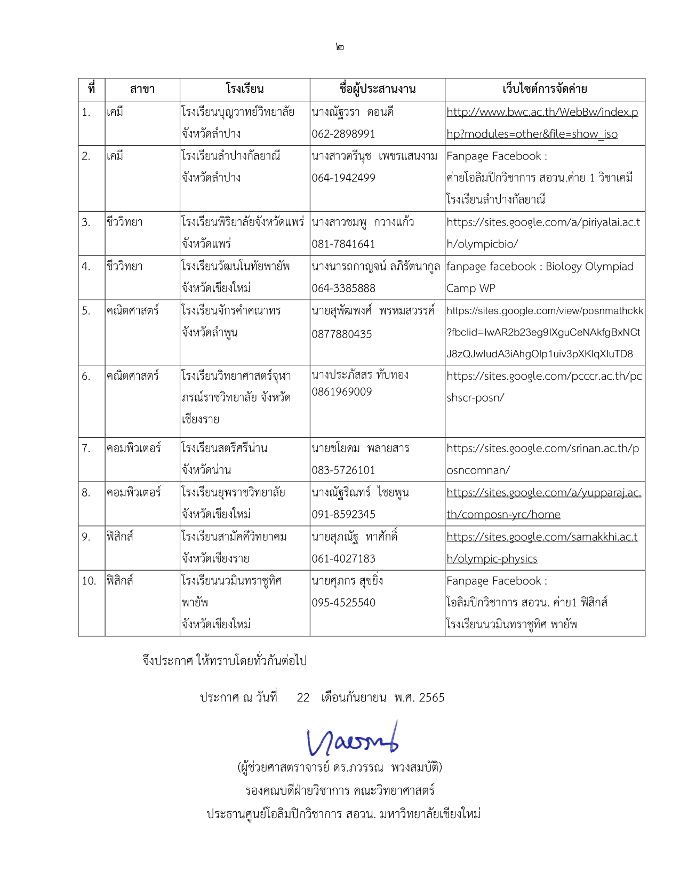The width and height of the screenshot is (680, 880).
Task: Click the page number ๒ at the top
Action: click(x=340, y=47)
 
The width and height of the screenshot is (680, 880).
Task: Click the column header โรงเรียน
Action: click(x=244, y=89)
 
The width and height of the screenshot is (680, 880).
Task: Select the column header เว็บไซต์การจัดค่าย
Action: click(x=545, y=89)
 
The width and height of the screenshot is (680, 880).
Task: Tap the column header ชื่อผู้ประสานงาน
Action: click(x=377, y=89)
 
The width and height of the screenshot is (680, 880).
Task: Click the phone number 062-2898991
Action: click(x=343, y=134)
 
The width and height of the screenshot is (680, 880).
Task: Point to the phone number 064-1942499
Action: click(x=343, y=178)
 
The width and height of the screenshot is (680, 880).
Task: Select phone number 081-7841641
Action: click(x=343, y=244)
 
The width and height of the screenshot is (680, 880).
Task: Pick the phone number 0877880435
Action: click(x=342, y=334)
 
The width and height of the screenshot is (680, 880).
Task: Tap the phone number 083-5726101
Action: click(x=343, y=470)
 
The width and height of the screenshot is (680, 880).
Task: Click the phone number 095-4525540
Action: click(x=343, y=603)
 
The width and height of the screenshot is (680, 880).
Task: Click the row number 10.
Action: click(x=89, y=581)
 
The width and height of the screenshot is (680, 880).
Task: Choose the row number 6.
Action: click(x=86, y=377)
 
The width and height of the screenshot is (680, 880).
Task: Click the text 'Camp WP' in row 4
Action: click(x=471, y=289)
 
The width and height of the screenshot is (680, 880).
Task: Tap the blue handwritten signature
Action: click(x=353, y=739)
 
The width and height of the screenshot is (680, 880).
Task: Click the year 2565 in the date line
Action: click(x=431, y=698)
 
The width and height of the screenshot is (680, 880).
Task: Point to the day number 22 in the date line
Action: click(x=303, y=698)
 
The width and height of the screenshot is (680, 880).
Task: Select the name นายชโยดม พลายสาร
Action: click(x=361, y=449)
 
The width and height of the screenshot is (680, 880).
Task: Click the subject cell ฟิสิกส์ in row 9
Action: click(x=120, y=537)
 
